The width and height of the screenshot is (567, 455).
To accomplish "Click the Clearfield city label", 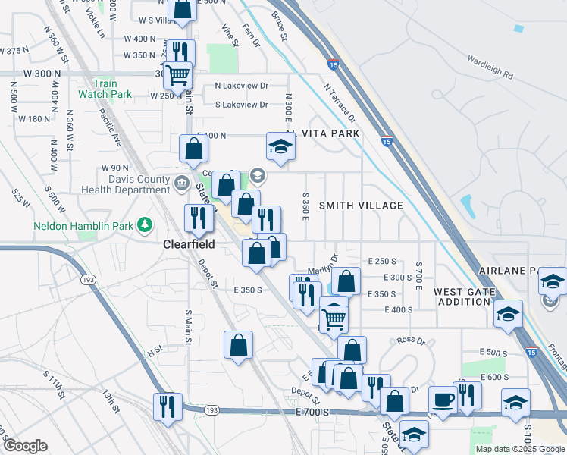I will (190, 245).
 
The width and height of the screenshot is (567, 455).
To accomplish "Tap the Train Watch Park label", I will (105, 89).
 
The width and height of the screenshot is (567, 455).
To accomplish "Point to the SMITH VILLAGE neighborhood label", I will (360, 206).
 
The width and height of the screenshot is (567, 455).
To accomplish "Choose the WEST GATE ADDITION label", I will (462, 297).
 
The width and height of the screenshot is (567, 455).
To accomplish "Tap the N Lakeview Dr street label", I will (242, 86).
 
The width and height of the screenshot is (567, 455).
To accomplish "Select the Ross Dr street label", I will (410, 340).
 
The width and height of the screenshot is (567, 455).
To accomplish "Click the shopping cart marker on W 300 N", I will (177, 75).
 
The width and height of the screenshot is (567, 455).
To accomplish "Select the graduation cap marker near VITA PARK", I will (280, 146).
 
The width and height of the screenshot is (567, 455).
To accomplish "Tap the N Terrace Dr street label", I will (339, 103).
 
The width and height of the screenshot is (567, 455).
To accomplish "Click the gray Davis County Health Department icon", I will (182, 183).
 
